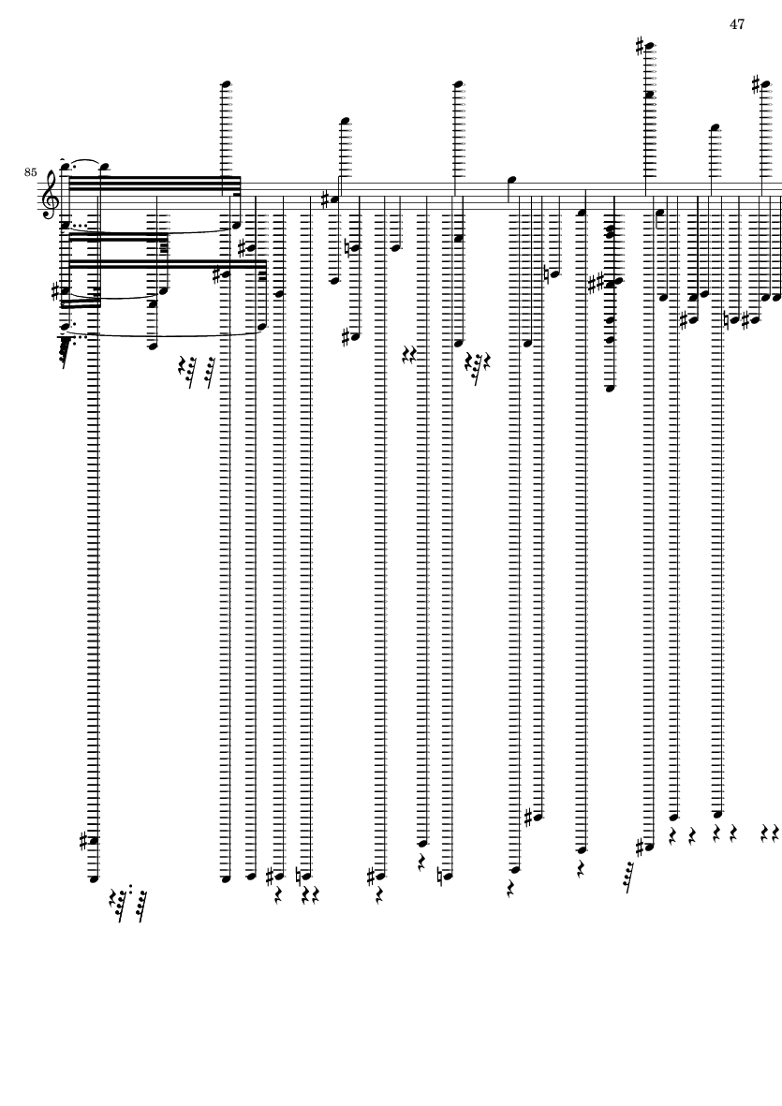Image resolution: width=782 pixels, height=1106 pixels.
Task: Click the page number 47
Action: click(x=736, y=24)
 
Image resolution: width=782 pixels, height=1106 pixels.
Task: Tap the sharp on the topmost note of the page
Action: click(x=640, y=45)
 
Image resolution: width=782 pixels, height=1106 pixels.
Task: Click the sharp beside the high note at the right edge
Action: click(x=756, y=84)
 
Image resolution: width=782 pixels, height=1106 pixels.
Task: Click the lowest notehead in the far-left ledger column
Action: click(x=93, y=879)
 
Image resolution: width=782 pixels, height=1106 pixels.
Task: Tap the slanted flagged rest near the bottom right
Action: click(x=625, y=875)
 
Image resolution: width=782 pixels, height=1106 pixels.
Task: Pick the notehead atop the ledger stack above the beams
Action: click(x=226, y=84)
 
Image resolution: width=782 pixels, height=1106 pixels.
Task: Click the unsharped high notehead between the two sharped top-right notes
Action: click(x=715, y=126)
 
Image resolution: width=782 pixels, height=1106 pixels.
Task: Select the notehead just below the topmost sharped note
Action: click(x=649, y=95)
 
